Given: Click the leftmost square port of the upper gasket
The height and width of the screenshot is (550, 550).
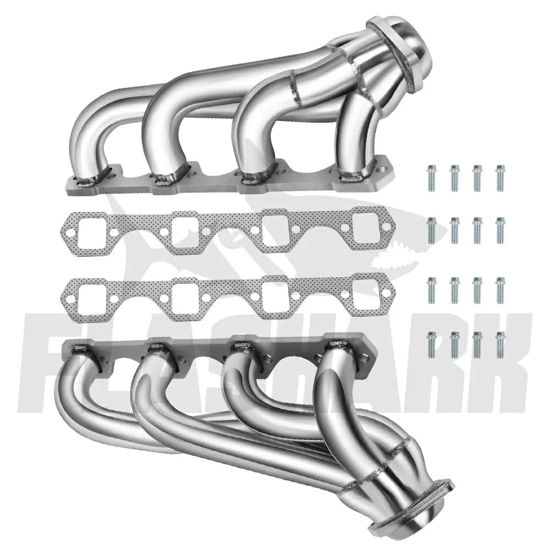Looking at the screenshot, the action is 92,232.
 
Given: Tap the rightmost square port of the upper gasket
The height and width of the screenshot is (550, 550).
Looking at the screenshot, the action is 367,228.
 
